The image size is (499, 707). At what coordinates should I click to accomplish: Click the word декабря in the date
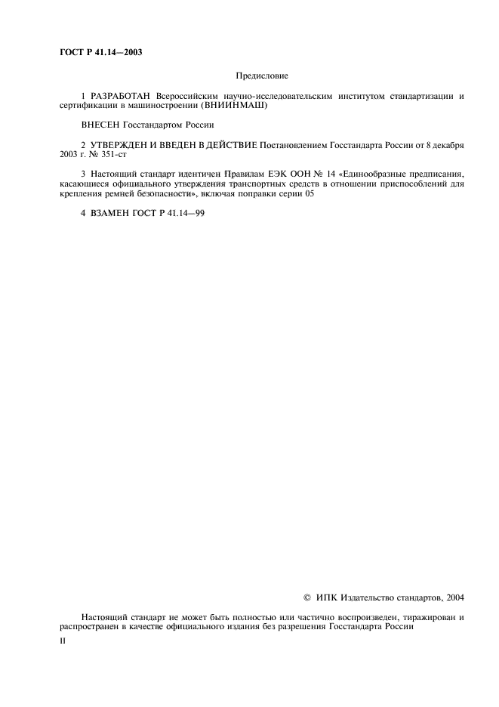tap(445, 144)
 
